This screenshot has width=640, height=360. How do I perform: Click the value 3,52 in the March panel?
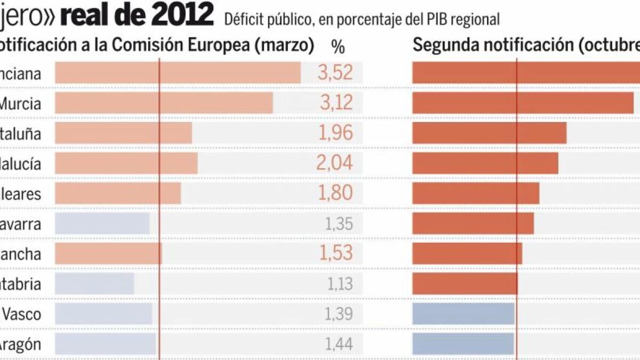[335, 73]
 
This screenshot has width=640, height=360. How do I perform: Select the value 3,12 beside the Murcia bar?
[336, 103]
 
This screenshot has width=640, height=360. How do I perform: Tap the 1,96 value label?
[335, 133]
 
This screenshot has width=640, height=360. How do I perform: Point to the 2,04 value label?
[335, 163]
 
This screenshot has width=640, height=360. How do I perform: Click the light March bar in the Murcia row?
[164, 103]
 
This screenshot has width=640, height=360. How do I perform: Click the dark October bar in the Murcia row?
[523, 103]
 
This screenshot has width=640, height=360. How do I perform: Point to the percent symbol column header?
[338, 47]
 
